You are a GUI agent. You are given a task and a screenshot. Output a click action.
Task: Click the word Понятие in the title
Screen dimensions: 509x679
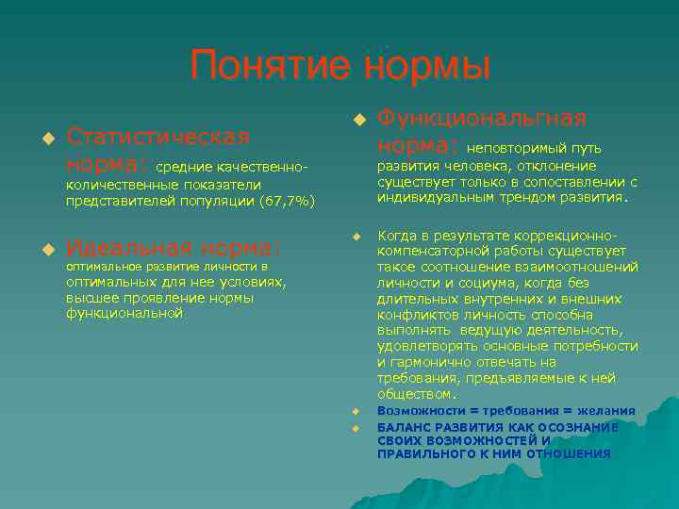267,67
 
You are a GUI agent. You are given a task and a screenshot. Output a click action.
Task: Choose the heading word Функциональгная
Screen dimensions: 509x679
482,118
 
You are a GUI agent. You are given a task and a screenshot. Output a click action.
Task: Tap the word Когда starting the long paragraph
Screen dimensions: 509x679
398,235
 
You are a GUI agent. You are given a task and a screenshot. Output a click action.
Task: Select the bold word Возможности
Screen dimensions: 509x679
421,412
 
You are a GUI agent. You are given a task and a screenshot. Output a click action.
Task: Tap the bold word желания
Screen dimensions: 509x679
607,412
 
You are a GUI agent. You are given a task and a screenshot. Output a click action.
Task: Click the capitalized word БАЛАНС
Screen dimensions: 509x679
403,426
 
